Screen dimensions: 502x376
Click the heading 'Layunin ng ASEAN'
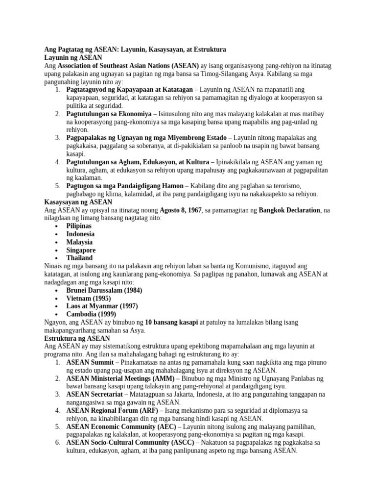click(73, 58)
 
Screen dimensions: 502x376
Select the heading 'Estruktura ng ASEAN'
click(77, 338)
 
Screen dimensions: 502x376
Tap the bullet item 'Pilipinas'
click(79, 226)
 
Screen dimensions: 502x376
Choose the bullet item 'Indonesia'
click(81, 234)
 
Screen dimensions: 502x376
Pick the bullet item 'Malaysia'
click(79, 242)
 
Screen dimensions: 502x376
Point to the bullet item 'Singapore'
click(81, 250)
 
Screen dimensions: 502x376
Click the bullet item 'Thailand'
click(79, 258)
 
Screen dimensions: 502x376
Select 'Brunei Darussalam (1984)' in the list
click(104, 290)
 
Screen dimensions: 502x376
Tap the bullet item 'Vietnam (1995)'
click(89, 298)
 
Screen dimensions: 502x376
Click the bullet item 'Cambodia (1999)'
click(92, 314)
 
